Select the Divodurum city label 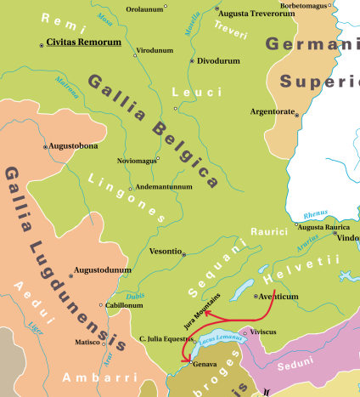[x=219, y=61]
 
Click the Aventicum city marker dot [x=256, y=297]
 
